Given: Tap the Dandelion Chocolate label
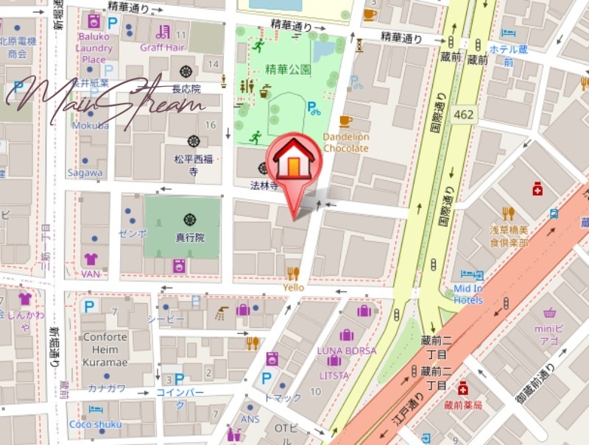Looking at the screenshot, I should coord(345,143).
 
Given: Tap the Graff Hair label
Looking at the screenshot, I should coord(163,46).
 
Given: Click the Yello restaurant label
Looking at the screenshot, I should coord(294,288).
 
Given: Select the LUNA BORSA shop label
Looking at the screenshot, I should coord(346,350).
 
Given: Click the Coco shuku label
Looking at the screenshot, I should coord(95,424).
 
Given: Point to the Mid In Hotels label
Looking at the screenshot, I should coord(468,294).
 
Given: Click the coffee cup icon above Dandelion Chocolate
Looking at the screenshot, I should coord(345,121).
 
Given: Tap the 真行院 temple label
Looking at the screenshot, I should coord(189,238).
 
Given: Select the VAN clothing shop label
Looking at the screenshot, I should coord(91,274).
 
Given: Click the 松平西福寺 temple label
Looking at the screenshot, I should coord(193,165).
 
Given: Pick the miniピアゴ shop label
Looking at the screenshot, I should coord(549,335).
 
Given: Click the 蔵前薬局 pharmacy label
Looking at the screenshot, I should coord(462,405).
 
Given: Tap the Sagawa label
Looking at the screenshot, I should coord(85,173).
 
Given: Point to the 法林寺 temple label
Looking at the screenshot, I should coord(263,185).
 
